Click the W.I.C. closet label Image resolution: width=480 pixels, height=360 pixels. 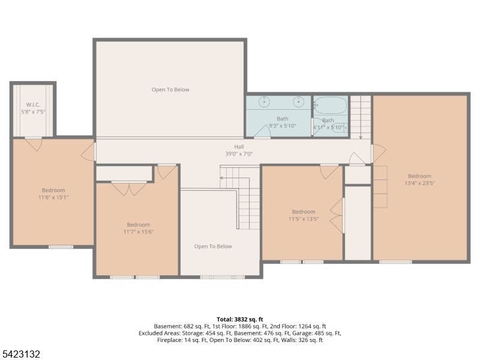[x=33, y=104]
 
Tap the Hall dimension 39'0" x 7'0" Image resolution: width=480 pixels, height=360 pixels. [x=239, y=154]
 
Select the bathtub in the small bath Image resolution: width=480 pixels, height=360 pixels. [x=331, y=106]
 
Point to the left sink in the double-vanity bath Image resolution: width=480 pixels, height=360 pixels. [x=264, y=101]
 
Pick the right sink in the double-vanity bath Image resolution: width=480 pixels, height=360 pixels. [x=298, y=101]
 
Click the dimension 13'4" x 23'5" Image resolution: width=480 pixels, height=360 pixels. [x=419, y=184]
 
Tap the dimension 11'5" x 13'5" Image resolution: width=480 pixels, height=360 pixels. [x=304, y=219]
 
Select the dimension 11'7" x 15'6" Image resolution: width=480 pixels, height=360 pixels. [x=139, y=232]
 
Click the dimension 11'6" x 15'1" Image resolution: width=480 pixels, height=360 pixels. [x=53, y=197]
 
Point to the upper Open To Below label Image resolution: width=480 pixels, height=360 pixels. [x=170, y=89]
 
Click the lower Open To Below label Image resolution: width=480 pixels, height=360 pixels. [x=213, y=247]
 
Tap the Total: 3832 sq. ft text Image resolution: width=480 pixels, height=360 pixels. [x=240, y=320]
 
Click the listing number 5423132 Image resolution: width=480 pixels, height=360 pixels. [x=20, y=354]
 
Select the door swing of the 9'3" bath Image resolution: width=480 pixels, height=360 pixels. [x=263, y=132]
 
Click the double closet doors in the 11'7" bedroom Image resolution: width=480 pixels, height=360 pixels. [x=129, y=188]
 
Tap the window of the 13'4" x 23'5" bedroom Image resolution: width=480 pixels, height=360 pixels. [x=395, y=262]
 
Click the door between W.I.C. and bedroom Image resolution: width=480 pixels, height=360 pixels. [x=34, y=144]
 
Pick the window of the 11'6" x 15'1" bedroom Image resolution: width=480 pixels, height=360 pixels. [x=61, y=247]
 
